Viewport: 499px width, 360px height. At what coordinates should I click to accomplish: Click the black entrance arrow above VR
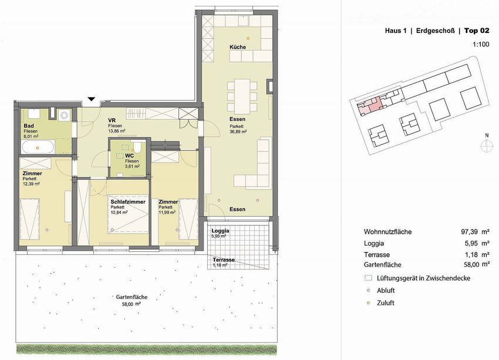(x=92, y=99)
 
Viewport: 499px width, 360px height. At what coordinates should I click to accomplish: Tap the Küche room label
(x=238, y=47)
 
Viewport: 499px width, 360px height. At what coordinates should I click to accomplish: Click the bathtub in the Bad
(x=38, y=147)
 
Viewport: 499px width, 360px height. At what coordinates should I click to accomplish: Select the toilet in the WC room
(x=137, y=147)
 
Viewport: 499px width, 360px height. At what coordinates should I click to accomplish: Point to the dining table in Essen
(x=242, y=94)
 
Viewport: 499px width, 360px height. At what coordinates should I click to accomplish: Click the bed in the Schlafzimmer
(x=128, y=214)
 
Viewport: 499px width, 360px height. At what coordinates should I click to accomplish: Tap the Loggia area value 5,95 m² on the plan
(x=218, y=236)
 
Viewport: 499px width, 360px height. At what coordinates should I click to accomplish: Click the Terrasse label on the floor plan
(x=224, y=260)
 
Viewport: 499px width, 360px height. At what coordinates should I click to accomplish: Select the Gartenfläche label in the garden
(x=132, y=297)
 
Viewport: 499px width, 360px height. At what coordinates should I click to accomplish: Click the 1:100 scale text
(x=481, y=44)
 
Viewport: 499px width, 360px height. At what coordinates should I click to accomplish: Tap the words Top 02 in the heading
(x=477, y=31)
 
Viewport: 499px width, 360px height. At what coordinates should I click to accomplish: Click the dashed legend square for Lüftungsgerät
(x=368, y=278)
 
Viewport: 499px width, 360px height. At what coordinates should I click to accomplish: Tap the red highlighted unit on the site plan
(x=371, y=106)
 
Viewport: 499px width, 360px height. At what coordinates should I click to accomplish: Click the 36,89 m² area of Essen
(x=238, y=131)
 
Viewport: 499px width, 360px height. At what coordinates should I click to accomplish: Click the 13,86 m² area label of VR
(x=116, y=131)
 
